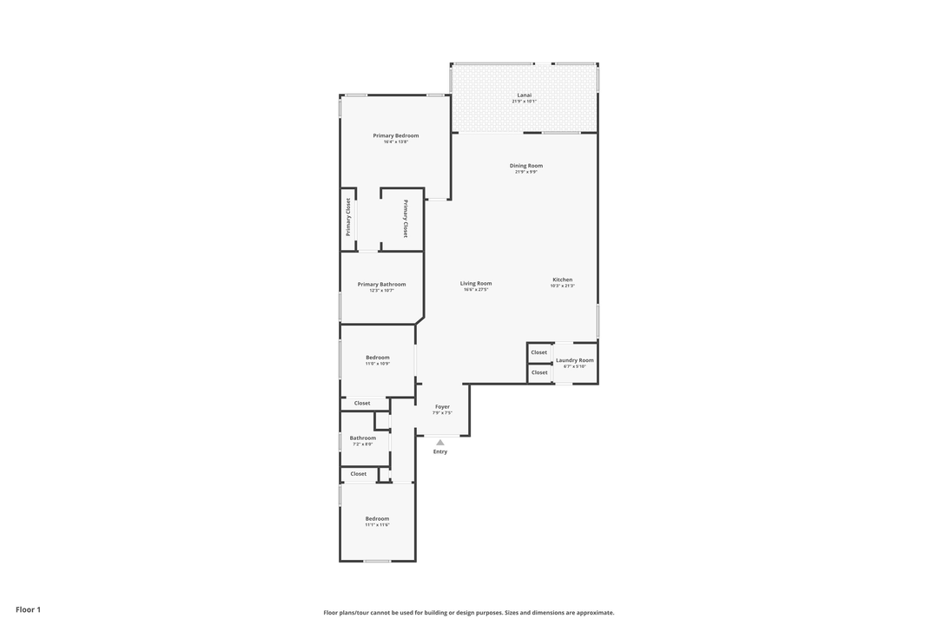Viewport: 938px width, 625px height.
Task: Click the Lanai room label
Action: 524,95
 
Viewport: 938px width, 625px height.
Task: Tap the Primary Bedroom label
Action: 395,135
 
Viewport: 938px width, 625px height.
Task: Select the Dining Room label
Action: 525,165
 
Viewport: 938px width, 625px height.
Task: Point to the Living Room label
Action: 476,283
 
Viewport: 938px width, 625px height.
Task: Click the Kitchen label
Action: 562,280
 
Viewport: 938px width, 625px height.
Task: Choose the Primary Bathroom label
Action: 381,284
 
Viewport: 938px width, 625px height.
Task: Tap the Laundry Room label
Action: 574,359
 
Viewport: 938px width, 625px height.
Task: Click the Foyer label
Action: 442,406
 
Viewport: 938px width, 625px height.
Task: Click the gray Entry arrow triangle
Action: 440,443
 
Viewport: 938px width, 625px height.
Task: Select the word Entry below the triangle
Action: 440,451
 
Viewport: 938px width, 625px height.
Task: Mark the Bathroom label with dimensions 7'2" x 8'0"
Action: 363,437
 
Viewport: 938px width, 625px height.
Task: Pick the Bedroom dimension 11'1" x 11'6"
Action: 377,525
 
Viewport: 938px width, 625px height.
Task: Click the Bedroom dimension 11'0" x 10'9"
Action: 377,364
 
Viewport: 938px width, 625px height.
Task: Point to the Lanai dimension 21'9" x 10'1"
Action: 524,102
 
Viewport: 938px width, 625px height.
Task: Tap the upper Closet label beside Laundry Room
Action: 539,352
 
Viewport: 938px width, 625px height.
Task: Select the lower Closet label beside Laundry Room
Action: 539,372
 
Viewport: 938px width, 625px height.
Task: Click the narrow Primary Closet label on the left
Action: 348,217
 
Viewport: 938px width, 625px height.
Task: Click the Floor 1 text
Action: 28,609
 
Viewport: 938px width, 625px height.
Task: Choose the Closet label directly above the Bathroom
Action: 362,403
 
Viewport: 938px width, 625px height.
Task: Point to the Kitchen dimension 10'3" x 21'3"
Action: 562,286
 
